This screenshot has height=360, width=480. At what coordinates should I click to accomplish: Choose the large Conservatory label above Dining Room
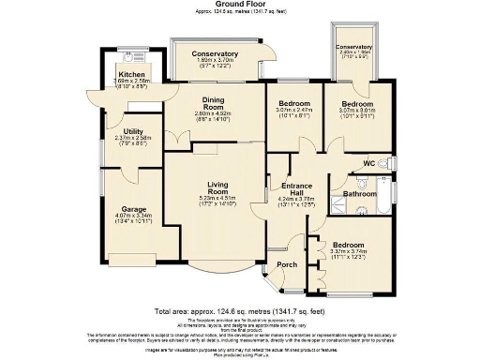click(x=215, y=53)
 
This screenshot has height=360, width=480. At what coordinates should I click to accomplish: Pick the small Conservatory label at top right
click(x=353, y=47)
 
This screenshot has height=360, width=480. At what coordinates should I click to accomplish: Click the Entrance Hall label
click(x=299, y=187)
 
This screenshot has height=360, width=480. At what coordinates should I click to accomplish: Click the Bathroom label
click(x=358, y=194)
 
